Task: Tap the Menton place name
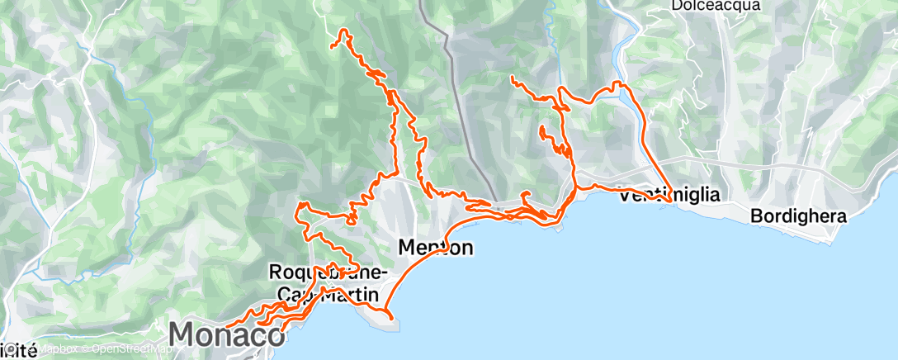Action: (435, 246)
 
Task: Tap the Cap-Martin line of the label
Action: (327, 293)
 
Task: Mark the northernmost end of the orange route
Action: (342, 31)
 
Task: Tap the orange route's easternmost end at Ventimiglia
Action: (669, 201)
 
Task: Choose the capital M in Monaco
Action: (183, 335)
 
